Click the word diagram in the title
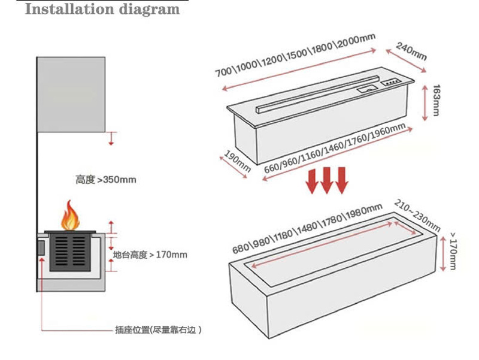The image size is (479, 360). click(x=147, y=10)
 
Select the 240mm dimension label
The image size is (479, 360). click(x=411, y=52)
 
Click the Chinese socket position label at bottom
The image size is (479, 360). click(x=157, y=329)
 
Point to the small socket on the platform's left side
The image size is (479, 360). click(x=41, y=247)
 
